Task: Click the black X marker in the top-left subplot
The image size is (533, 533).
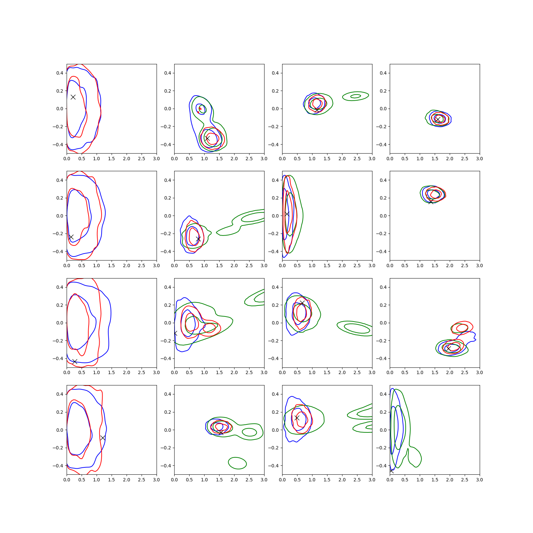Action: [x=73, y=97]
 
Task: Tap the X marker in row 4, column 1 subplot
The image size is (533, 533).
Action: [x=103, y=438]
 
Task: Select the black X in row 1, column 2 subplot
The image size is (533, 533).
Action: [x=207, y=138]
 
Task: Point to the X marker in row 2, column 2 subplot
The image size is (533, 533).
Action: [x=198, y=239]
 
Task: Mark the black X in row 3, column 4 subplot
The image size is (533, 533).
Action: [x=449, y=348]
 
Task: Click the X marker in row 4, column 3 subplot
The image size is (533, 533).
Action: [x=297, y=418]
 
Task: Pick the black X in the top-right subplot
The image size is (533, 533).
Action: [x=438, y=119]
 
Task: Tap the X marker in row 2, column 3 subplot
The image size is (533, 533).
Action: [x=287, y=214]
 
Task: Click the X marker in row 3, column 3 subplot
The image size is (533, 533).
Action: [x=302, y=303]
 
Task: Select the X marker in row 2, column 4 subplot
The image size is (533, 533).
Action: [x=431, y=201]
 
